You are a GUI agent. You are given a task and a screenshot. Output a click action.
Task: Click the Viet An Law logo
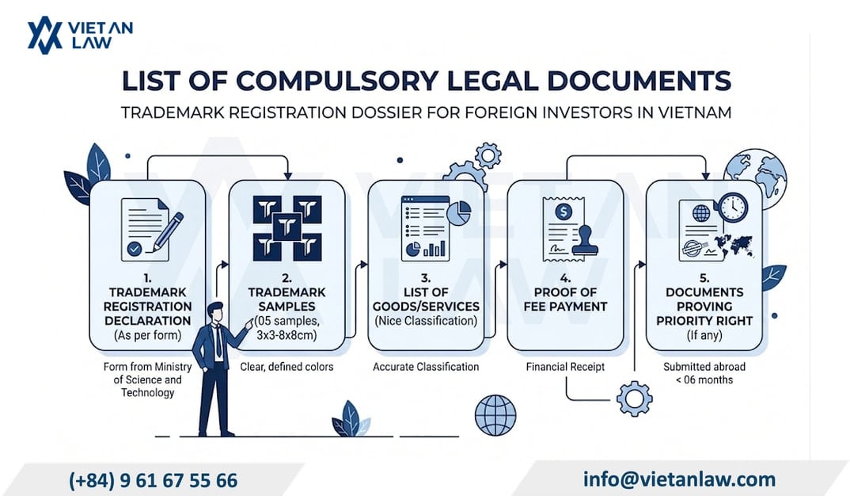[80, 35]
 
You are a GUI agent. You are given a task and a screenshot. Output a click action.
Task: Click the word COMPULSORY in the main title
[336, 81]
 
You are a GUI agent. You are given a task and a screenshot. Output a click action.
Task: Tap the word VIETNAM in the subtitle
[695, 113]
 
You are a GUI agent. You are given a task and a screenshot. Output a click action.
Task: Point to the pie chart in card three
[459, 212]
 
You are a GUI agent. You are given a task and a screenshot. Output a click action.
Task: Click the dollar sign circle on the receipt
[564, 211]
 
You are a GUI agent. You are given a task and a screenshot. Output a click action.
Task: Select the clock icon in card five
[734, 207]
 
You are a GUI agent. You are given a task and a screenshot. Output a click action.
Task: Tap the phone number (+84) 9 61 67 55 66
[153, 480]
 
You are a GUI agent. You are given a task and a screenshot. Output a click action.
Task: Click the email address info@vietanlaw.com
[679, 479]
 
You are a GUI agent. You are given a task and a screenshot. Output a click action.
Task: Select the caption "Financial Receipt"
[565, 367]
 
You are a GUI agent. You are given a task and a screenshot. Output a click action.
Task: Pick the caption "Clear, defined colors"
[286, 367]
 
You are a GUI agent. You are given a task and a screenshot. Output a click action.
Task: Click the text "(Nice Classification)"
[426, 321]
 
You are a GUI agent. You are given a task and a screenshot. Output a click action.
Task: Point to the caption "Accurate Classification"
[426, 367]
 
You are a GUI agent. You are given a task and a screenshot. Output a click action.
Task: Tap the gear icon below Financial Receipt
[634, 399]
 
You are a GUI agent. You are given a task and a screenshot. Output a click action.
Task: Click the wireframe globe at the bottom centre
[495, 416]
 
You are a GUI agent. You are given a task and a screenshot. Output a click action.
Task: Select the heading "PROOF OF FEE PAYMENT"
[565, 300]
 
